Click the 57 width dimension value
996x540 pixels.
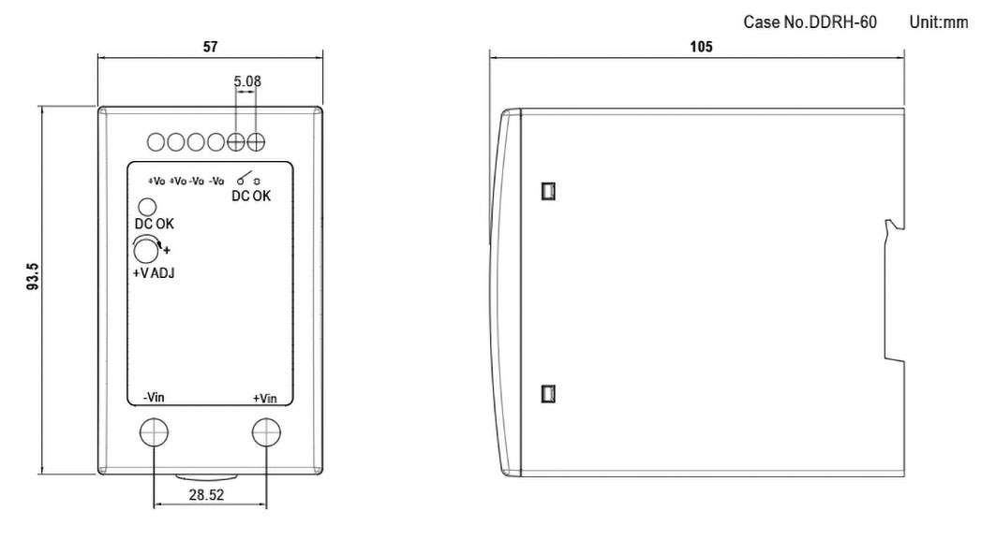tap(210, 47)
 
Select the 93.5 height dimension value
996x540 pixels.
tap(33, 277)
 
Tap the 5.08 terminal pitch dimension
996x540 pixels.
tap(247, 81)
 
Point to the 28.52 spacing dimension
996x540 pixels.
tap(206, 495)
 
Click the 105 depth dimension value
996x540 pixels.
tap(701, 46)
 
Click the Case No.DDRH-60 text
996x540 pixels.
tap(810, 22)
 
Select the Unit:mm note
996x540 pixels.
tap(939, 22)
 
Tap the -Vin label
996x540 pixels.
tap(154, 397)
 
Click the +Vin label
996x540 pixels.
tap(265, 399)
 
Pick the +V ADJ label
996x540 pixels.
tap(153, 273)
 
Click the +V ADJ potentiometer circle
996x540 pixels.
tap(146, 251)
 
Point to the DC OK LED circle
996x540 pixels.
tap(147, 207)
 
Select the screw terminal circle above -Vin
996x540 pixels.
tap(154, 432)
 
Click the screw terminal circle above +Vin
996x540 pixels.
tap(266, 432)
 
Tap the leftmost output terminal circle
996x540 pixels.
tap(156, 142)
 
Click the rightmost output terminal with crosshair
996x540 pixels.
tap(256, 142)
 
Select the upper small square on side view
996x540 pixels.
tap(548, 191)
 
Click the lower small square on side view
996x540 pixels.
tap(548, 393)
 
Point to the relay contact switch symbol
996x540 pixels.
tap(245, 179)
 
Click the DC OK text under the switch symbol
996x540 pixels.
tap(251, 197)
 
